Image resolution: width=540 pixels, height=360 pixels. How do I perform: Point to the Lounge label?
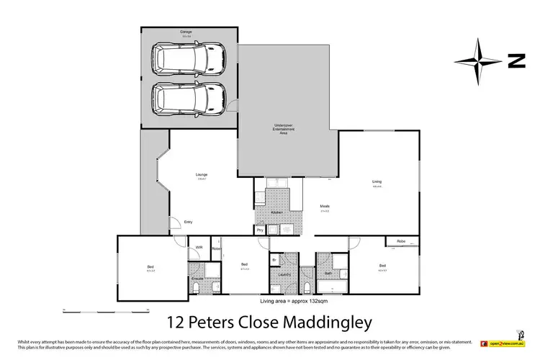[x=202, y=175]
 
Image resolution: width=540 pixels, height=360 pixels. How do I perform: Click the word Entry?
[x=189, y=222]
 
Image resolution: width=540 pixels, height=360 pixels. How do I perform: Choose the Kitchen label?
[x=276, y=214]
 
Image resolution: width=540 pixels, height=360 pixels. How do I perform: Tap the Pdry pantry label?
[x=260, y=230]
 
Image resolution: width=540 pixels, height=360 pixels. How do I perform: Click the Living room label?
[x=377, y=181]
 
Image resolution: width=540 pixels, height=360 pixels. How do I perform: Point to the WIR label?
[x=199, y=248]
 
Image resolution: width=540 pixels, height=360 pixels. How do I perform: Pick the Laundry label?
[x=284, y=275]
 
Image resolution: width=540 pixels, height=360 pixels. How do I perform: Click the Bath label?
[x=328, y=274]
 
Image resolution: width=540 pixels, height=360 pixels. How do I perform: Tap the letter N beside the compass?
[x=516, y=62]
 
